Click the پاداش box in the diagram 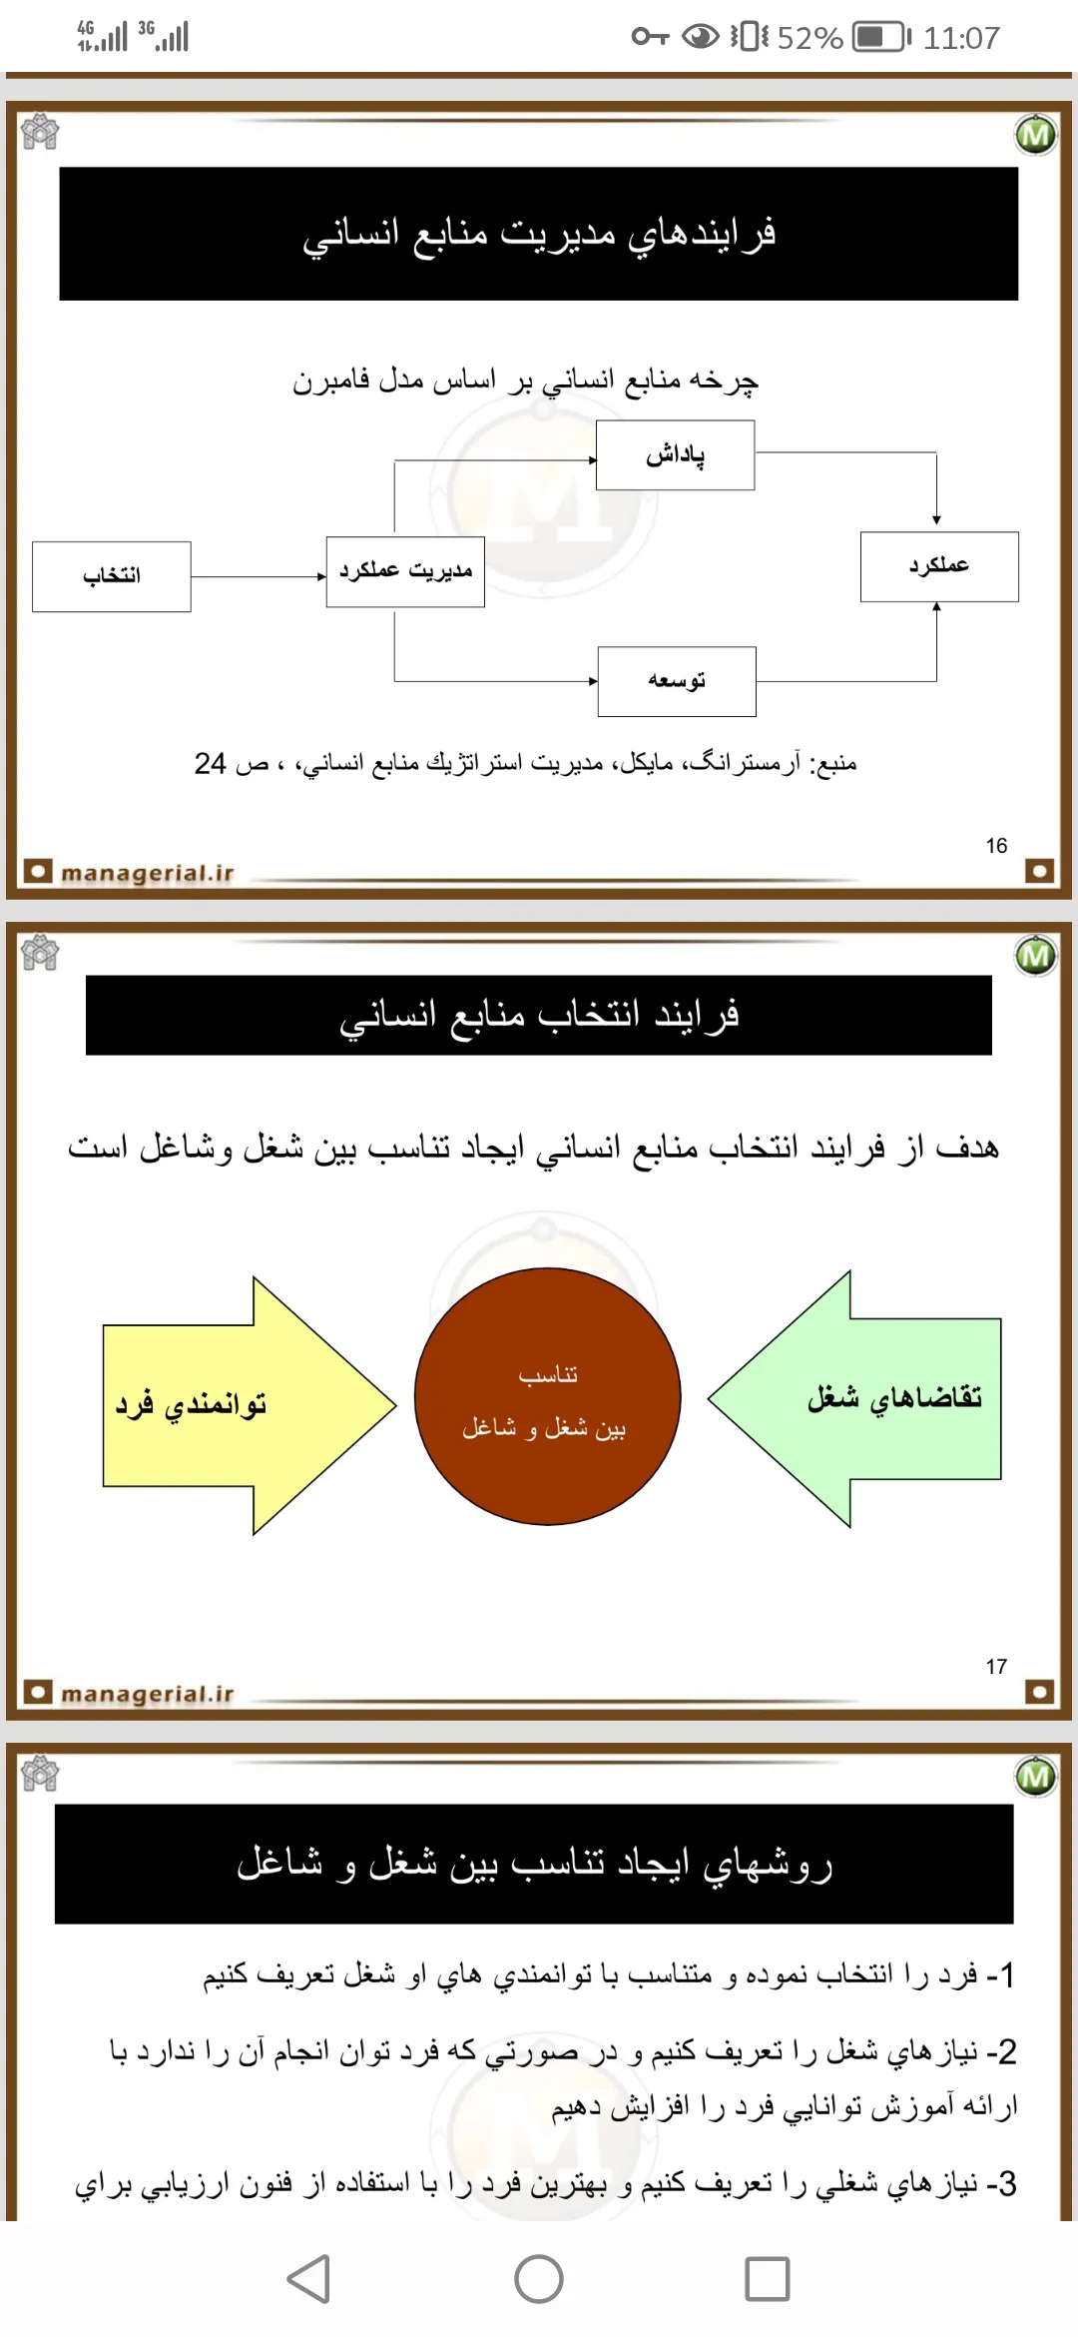pyautogui.click(x=675, y=455)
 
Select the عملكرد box pyautogui.click(x=939, y=566)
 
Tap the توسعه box pyautogui.click(x=677, y=681)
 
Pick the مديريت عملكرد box pyautogui.click(x=405, y=571)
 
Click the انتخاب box pyautogui.click(x=112, y=576)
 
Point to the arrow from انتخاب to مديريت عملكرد pyautogui.click(x=258, y=576)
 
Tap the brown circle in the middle pyautogui.click(x=547, y=1396)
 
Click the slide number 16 pyautogui.click(x=996, y=846)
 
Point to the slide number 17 pyautogui.click(x=996, y=1667)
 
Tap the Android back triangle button pyautogui.click(x=309, y=2279)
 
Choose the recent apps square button pyautogui.click(x=767, y=2279)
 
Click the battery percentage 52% pyautogui.click(x=809, y=38)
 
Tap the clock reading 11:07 pyautogui.click(x=960, y=38)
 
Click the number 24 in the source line pyautogui.click(x=210, y=764)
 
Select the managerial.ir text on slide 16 pyautogui.click(x=147, y=873)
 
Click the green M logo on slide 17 pyautogui.click(x=1035, y=956)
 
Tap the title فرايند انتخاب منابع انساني pyautogui.click(x=539, y=1015)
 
